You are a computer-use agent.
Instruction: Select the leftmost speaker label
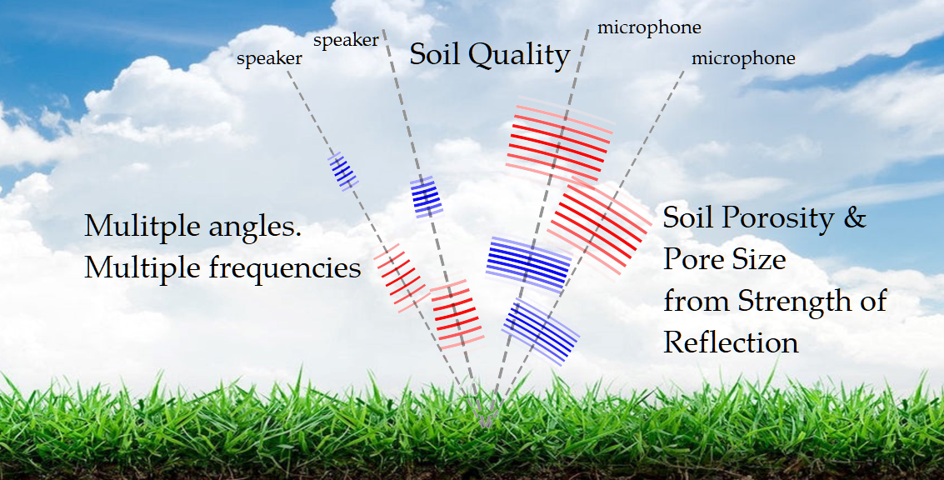pyautogui.click(x=269, y=59)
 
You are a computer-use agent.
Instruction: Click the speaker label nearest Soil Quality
pyautogui.click(x=346, y=40)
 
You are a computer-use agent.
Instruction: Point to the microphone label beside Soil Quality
pyautogui.click(x=649, y=28)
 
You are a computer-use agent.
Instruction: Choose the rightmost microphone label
pyautogui.click(x=743, y=59)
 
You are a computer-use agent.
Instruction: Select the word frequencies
pyautogui.click(x=285, y=267)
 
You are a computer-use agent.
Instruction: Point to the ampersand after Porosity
pyautogui.click(x=855, y=217)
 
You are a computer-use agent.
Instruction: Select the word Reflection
pyautogui.click(x=731, y=342)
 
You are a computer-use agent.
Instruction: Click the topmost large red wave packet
pyautogui.click(x=560, y=142)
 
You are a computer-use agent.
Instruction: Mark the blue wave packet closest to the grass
pyautogui.click(x=540, y=332)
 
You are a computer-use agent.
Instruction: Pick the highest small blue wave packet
pyautogui.click(x=343, y=172)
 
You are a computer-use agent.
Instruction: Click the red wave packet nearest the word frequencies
pyautogui.click(x=401, y=277)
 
